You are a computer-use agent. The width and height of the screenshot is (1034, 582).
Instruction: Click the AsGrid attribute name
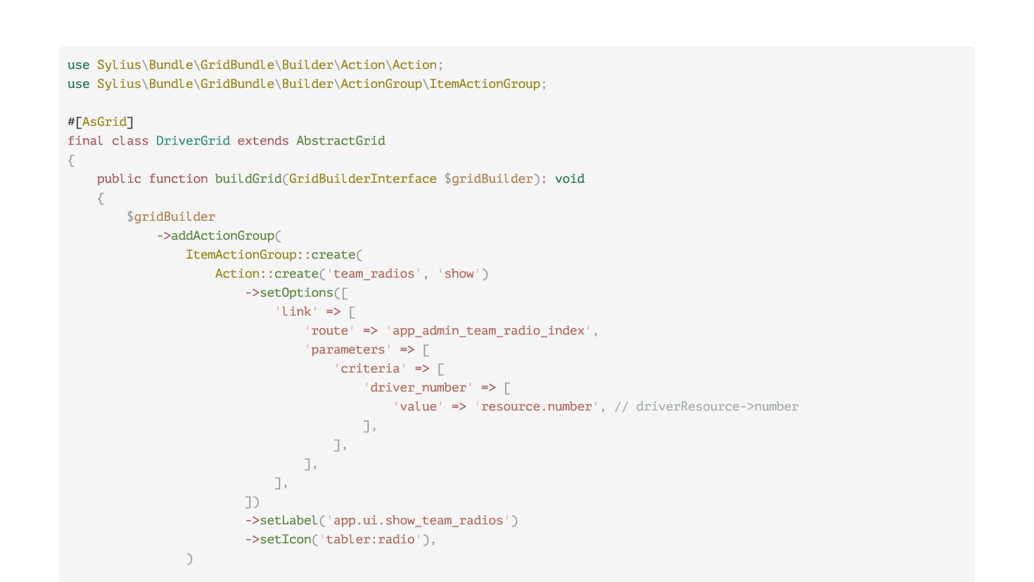point(104,122)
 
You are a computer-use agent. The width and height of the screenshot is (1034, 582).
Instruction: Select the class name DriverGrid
point(193,141)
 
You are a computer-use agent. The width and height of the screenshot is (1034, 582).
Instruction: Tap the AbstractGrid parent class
point(340,141)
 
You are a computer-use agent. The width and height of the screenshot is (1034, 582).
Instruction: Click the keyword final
point(85,141)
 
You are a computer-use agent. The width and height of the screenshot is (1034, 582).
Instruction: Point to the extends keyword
point(262,141)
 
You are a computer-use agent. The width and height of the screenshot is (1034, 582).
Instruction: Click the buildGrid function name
point(248,179)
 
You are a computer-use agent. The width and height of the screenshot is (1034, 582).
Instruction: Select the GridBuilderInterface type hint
point(362,179)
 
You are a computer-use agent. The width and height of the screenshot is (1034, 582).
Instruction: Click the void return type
point(570,179)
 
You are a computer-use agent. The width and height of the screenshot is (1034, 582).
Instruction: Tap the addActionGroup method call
point(222,235)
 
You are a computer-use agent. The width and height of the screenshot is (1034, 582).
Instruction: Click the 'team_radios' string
point(374,273)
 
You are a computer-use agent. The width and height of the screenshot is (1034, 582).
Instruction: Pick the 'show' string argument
point(459,273)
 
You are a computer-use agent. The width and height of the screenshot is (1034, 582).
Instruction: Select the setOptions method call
point(296,292)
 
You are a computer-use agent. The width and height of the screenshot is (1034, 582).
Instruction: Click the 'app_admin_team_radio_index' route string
point(489,330)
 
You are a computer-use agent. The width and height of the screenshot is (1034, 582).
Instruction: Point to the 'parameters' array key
point(348,349)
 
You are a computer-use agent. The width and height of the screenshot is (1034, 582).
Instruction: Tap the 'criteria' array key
point(370,368)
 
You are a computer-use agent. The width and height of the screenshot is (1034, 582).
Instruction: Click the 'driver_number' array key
point(418,387)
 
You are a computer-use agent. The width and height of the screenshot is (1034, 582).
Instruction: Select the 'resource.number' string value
point(537,406)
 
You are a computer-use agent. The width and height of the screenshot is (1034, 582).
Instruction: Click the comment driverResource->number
point(707,406)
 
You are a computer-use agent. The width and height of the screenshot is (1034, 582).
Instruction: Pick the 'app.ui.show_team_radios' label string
point(419,520)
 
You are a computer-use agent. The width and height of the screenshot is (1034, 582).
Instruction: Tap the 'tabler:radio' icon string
point(370,539)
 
